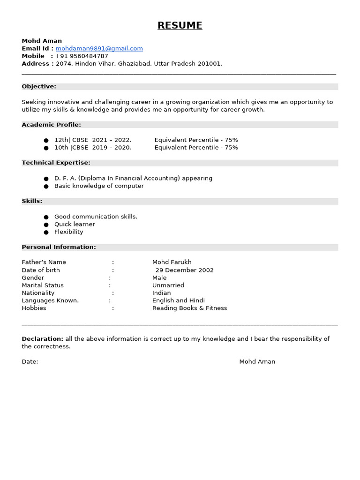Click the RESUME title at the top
click(x=180, y=26)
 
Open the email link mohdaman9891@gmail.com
click(x=99, y=49)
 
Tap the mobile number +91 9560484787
click(x=82, y=56)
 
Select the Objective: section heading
click(x=39, y=87)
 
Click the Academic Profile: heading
click(x=51, y=125)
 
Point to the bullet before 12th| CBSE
click(x=46, y=140)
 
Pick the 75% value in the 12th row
click(x=231, y=140)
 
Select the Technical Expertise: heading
click(x=56, y=163)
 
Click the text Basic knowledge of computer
click(x=99, y=186)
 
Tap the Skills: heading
click(x=32, y=201)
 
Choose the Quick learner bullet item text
click(x=75, y=225)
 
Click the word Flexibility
click(x=68, y=232)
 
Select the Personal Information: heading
click(x=59, y=247)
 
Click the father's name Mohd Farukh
click(x=172, y=262)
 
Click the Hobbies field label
click(x=34, y=308)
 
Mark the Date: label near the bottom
click(x=30, y=362)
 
